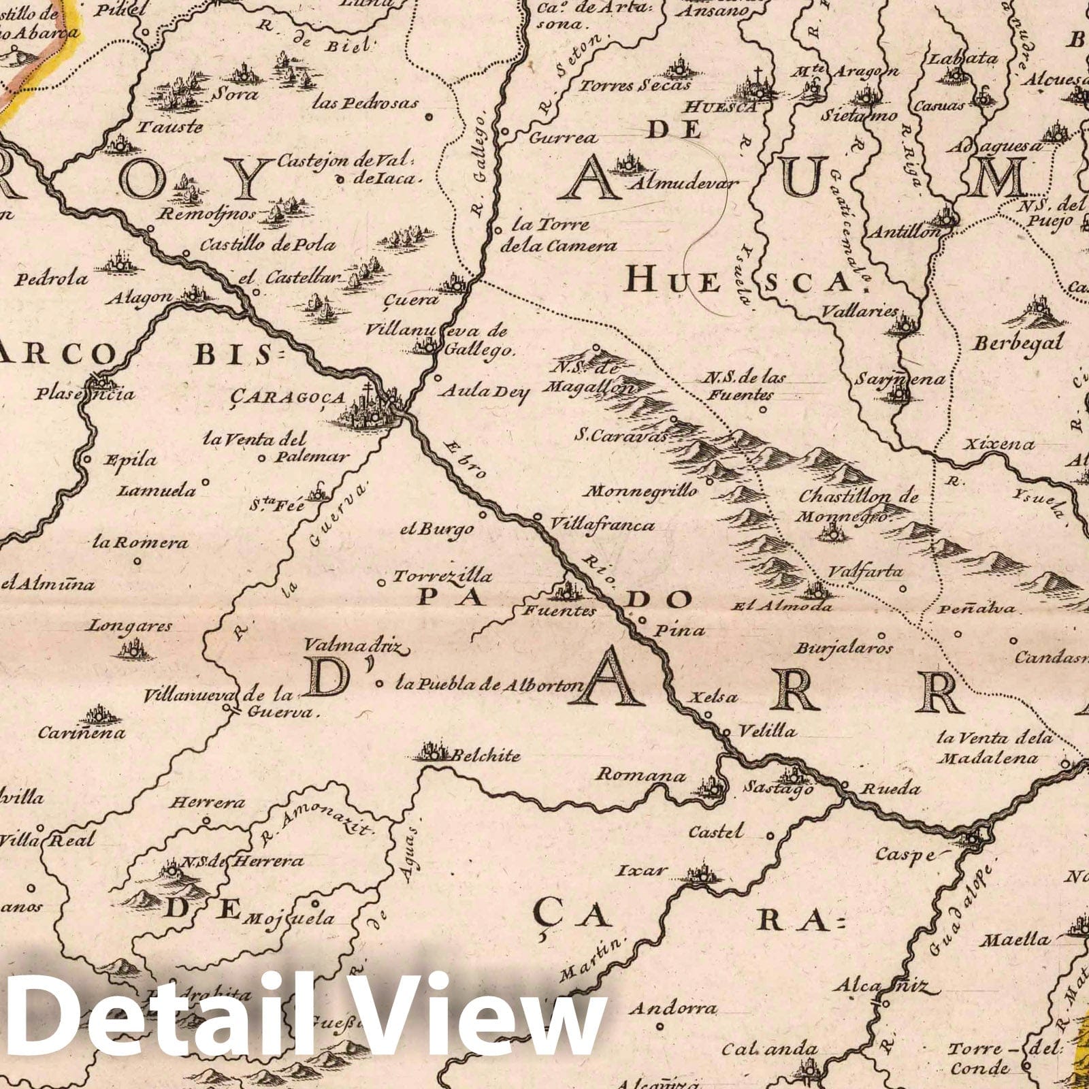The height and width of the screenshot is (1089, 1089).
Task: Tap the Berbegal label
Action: pyautogui.click(x=1018, y=343)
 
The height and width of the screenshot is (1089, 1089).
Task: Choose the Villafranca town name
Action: pyautogui.click(x=602, y=525)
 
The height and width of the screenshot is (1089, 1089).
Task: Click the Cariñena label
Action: pyautogui.click(x=82, y=733)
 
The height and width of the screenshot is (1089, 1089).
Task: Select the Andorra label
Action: pyautogui.click(x=672, y=1008)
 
